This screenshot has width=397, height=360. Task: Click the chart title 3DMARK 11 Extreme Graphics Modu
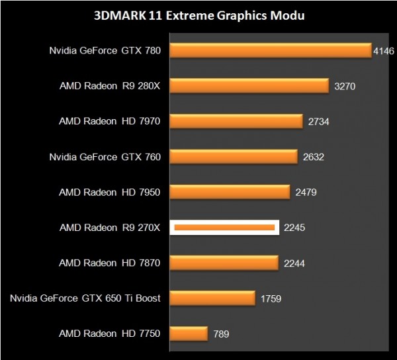[x=198, y=15]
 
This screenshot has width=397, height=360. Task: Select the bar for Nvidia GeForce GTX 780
[x=271, y=51]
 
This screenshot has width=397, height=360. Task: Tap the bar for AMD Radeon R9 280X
[x=250, y=86]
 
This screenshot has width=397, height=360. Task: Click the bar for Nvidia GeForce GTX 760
[x=234, y=157]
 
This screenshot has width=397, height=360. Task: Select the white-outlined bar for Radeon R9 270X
[x=224, y=228]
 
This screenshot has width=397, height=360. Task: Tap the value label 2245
[x=294, y=228]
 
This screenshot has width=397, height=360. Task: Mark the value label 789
[x=220, y=334]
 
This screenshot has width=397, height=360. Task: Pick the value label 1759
[x=271, y=298]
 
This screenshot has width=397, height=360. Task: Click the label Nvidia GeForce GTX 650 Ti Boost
[x=85, y=298]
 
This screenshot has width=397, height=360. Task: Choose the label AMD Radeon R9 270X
[x=110, y=228]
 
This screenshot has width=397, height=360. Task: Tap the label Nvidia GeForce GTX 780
[x=105, y=50]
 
